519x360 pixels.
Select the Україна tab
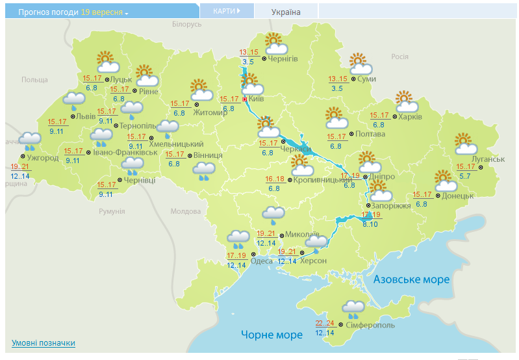pos(286,12)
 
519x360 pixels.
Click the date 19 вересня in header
pos(102,12)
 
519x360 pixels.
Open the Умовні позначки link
pos(43,343)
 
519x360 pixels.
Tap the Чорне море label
pos(272,335)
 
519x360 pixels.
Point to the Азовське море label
pos(411,279)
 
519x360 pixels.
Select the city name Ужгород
pos(42,157)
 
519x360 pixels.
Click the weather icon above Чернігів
pos(276,44)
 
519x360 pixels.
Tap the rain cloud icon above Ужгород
pos(29,140)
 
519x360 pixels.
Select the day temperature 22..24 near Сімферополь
pos(325,323)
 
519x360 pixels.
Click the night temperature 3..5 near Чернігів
pos(247,62)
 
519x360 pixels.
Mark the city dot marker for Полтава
pos(351,135)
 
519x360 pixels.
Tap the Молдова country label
pos(185,211)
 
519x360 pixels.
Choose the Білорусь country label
pos(187,24)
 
